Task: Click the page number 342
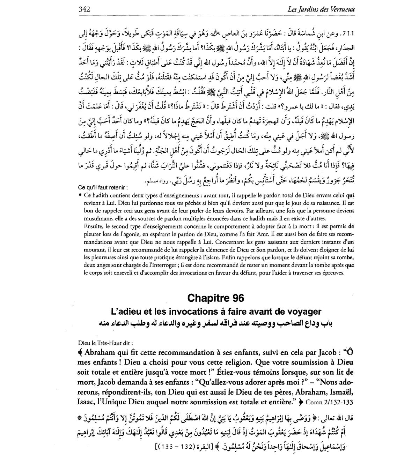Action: [x=84, y=10]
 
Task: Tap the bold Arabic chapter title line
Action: [x=216, y=323]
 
